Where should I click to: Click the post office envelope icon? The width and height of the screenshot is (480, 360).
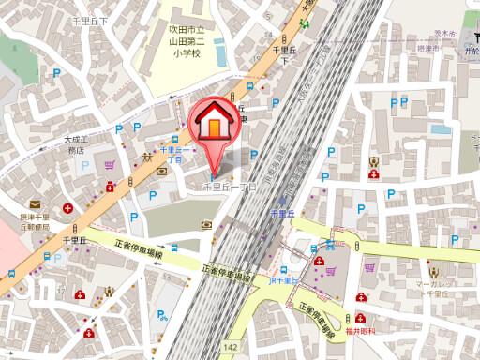pyautogui.click(x=35, y=203)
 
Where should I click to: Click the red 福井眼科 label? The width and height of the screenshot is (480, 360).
pyautogui.click(x=359, y=331)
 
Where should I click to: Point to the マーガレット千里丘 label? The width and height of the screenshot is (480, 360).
pyautogui.click(x=435, y=288)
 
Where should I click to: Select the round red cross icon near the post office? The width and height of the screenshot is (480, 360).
pyautogui.click(x=67, y=207)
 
